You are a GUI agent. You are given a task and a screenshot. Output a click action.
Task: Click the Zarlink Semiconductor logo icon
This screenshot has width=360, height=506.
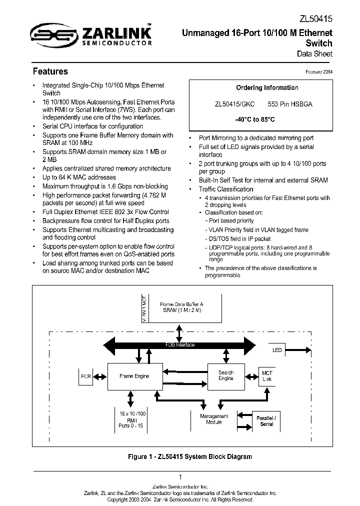point(51,34)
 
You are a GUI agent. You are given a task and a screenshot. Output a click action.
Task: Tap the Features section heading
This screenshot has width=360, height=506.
point(50,71)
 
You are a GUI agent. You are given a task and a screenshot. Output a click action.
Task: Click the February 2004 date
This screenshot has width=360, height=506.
point(319,71)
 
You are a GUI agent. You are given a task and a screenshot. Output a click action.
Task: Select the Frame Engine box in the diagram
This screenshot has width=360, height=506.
point(134,376)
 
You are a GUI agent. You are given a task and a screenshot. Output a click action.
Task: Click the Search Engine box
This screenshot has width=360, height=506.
point(226,375)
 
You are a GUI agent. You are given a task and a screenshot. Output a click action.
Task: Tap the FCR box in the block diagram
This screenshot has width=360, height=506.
point(86,376)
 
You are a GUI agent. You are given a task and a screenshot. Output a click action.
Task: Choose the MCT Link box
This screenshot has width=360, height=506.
point(267,376)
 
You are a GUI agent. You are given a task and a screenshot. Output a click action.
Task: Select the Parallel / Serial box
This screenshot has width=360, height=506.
point(266,420)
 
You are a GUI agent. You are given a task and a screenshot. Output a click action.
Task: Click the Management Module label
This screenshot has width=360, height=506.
point(213,419)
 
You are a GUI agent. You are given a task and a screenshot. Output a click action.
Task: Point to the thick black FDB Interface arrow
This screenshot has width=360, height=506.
point(180,345)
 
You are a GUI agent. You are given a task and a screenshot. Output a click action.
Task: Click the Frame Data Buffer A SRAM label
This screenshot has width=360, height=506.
point(181,307)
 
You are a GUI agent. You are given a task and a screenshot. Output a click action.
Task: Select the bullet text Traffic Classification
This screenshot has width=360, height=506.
point(226,189)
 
